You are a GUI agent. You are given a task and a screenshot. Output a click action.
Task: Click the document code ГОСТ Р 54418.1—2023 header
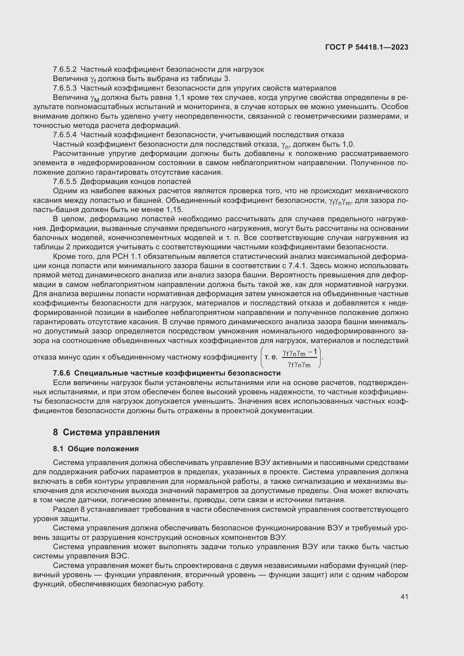(367, 47)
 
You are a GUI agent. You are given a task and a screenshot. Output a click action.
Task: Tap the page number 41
(404, 597)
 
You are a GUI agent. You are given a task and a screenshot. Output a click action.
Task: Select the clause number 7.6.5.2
(65, 70)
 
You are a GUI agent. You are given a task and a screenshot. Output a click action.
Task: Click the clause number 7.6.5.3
(65, 88)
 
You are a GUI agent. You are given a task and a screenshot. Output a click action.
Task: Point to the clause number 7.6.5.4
(65, 135)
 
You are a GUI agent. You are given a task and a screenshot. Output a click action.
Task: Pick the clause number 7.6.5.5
(65, 182)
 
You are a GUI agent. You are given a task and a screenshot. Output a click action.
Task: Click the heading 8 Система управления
(106, 432)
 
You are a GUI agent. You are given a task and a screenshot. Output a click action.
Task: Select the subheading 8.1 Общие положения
(96, 449)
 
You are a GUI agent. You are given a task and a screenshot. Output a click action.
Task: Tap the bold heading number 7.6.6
(61, 373)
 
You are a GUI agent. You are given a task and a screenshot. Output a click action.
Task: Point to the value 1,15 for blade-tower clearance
(174, 210)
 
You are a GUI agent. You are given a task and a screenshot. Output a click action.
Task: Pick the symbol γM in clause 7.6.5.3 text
(95, 98)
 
